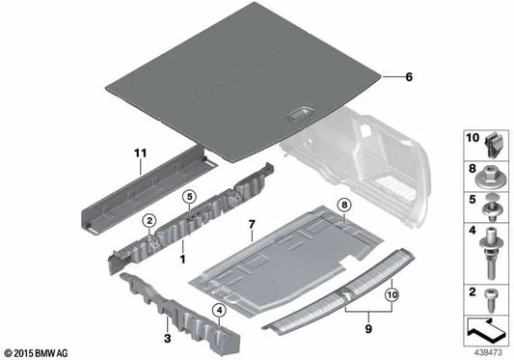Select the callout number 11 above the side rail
tap(140, 152)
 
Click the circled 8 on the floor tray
tap(344, 206)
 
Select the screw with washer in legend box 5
tap(487, 205)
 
